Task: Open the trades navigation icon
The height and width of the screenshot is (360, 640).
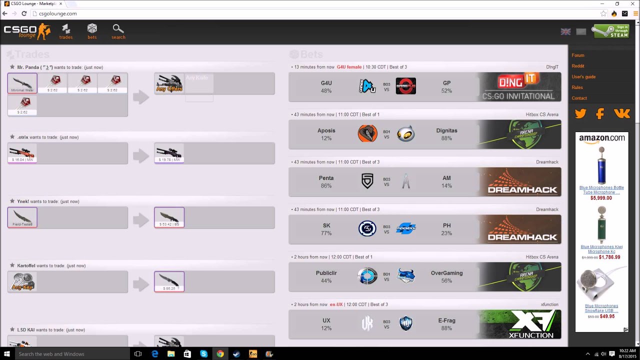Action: pyautogui.click(x=66, y=31)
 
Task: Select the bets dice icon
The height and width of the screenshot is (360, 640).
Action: pyautogui.click(x=92, y=31)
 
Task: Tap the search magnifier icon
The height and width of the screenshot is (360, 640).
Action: pyautogui.click(x=118, y=31)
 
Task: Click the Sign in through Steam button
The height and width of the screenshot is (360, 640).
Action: pyautogui.click(x=610, y=31)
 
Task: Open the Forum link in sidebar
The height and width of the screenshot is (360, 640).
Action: pyautogui.click(x=578, y=55)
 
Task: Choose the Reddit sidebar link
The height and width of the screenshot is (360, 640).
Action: pyautogui.click(x=578, y=66)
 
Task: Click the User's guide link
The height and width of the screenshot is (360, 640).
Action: pyautogui.click(x=583, y=77)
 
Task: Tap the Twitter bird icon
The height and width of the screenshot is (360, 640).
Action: pyautogui.click(x=580, y=113)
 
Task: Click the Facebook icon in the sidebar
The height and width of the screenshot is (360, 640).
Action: pyautogui.click(x=600, y=113)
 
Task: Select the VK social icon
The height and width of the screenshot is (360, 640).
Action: pyautogui.click(x=622, y=113)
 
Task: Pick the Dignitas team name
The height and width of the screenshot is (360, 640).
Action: pyautogui.click(x=446, y=130)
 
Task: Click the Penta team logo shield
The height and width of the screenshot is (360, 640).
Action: pyautogui.click(x=367, y=181)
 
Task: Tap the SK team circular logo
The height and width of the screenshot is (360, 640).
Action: pyautogui.click(x=367, y=228)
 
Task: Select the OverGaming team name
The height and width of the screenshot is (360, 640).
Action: pyautogui.click(x=446, y=273)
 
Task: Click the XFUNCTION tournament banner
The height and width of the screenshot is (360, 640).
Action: pyautogui.click(x=520, y=324)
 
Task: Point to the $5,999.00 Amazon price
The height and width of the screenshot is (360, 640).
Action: pyautogui.click(x=601, y=198)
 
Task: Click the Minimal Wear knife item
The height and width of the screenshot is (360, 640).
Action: pyautogui.click(x=22, y=83)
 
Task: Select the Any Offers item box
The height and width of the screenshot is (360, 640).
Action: pyautogui.click(x=169, y=83)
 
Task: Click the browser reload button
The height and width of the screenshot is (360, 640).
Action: pyautogui.click(x=23, y=13)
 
